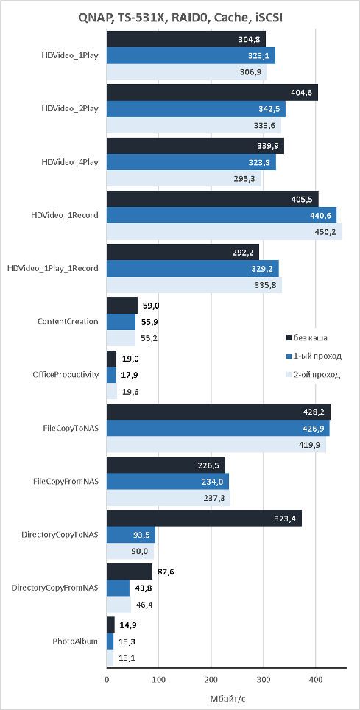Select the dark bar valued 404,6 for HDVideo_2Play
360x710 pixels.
(212, 92)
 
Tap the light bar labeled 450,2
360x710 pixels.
(224, 232)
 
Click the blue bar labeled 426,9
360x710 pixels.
(218, 429)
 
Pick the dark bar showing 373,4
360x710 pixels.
(204, 519)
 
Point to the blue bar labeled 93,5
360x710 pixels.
(131, 535)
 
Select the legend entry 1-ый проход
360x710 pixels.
(314, 356)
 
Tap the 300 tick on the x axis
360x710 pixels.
(264, 679)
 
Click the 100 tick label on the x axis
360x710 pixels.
(159, 679)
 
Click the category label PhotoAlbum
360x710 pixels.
(75, 642)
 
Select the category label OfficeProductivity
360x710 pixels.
(66, 375)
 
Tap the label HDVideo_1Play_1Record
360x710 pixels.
(53, 269)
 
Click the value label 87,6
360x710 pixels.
(165, 572)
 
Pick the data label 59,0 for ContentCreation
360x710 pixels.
(150, 306)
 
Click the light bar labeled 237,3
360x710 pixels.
(169, 498)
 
